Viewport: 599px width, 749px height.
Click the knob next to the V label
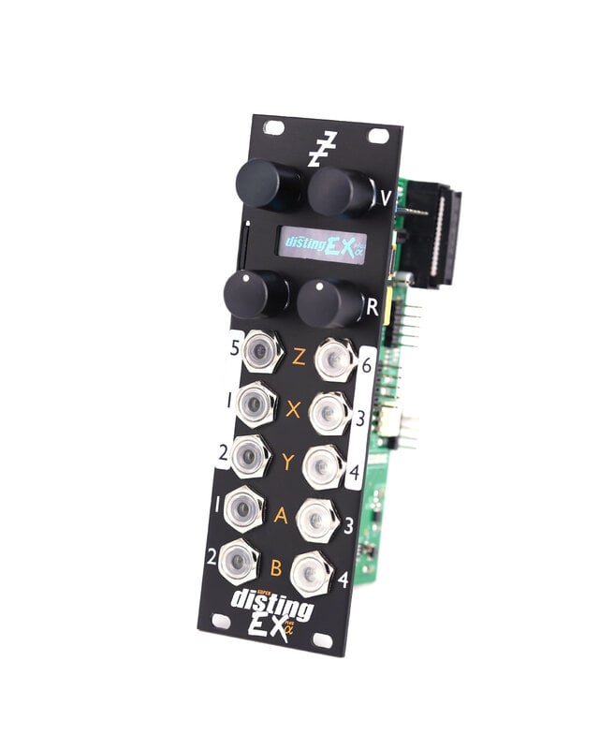coord(341,192)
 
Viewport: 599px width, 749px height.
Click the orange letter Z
coord(299,357)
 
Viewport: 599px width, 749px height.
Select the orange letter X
coord(294,409)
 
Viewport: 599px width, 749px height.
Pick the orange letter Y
coord(288,461)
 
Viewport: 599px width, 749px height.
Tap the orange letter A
coord(282,513)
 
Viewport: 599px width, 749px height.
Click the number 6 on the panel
coord(366,368)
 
